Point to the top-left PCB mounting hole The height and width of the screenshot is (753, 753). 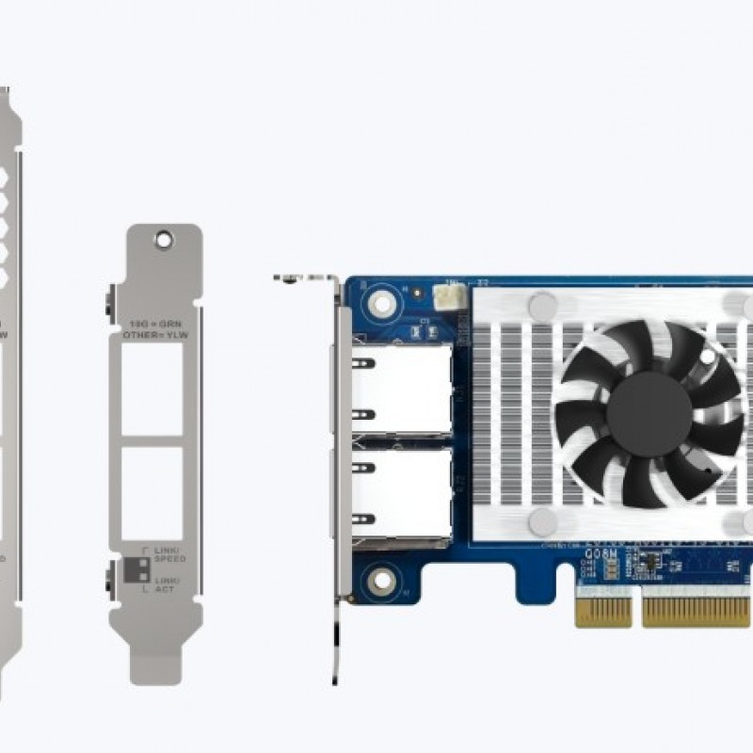[x=381, y=302]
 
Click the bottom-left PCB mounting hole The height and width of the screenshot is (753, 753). [x=381, y=578]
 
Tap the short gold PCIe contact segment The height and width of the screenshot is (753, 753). [x=603, y=611]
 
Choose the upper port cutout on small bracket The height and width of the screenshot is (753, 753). [x=152, y=388]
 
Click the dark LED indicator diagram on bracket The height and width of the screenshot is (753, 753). [x=136, y=570]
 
